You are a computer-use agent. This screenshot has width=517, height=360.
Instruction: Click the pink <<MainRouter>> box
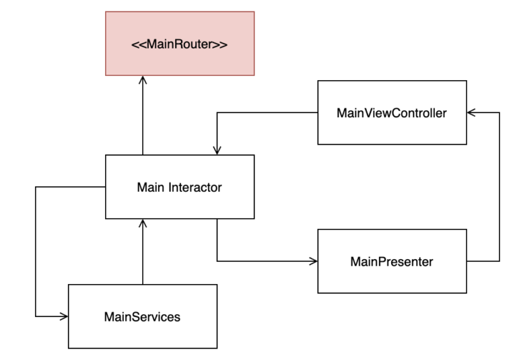(x=180, y=43)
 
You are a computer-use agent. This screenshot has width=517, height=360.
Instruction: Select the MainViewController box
(x=392, y=112)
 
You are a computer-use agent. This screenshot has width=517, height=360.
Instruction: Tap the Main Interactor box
(x=180, y=186)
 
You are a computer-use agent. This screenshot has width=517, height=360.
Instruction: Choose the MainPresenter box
(x=392, y=260)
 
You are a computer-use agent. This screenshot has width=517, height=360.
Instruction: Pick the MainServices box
(x=143, y=316)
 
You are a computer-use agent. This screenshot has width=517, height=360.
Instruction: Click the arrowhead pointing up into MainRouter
(x=143, y=79)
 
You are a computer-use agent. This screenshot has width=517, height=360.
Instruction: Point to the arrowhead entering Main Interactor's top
(x=217, y=151)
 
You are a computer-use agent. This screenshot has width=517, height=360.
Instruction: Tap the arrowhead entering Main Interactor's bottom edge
(x=143, y=223)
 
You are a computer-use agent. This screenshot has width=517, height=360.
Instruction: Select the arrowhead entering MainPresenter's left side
(x=313, y=260)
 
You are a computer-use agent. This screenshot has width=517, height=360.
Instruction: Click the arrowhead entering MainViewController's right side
(x=471, y=112)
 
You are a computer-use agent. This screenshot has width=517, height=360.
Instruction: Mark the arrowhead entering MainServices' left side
(x=64, y=316)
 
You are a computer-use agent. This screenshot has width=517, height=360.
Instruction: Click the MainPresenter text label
(x=392, y=260)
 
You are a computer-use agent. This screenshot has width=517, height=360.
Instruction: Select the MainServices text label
(x=143, y=316)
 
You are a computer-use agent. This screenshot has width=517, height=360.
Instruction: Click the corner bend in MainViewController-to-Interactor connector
(x=217, y=112)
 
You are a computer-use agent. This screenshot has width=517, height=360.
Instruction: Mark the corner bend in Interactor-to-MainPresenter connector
(x=217, y=260)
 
